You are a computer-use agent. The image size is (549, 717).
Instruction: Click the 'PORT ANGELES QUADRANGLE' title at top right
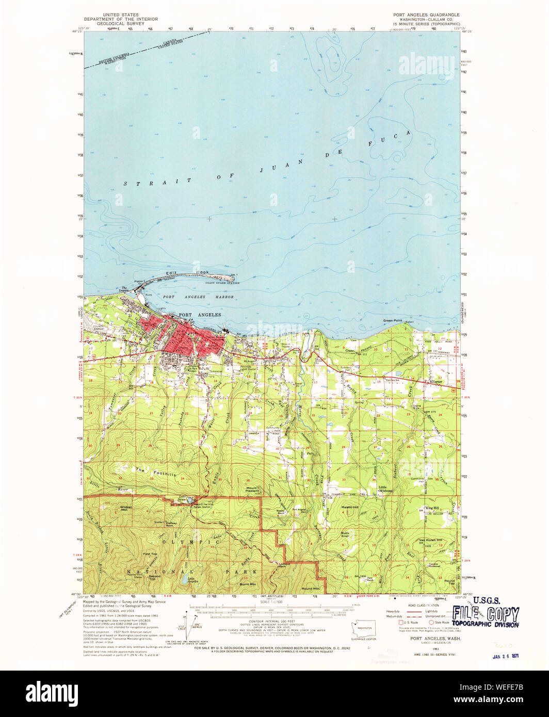pyautogui.click(x=426, y=14)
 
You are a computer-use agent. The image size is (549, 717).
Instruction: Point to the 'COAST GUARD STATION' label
pyautogui.click(x=222, y=283)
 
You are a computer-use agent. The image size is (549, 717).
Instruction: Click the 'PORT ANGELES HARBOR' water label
pyautogui.click(x=198, y=297)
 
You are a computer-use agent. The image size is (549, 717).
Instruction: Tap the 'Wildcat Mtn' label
pyautogui.click(x=126, y=508)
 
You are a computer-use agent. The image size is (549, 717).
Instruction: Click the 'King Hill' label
pyautogui.click(x=431, y=508)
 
